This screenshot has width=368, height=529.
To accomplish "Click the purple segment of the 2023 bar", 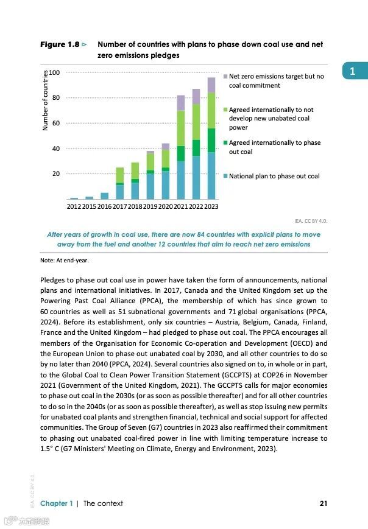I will (x=211, y=85).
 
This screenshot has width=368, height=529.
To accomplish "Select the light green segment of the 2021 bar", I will (x=181, y=128).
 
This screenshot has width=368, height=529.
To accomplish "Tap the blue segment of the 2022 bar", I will (x=196, y=177).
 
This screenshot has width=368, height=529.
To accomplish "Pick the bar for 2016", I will (x=105, y=195).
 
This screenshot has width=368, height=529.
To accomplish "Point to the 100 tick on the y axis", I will (x=55, y=72).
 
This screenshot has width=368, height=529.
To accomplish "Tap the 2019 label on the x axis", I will (x=150, y=207).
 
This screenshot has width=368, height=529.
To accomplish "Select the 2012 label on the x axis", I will (x=74, y=207).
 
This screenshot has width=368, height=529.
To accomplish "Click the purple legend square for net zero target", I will (x=225, y=77).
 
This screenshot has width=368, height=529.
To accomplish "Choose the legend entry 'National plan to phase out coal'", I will (x=274, y=176).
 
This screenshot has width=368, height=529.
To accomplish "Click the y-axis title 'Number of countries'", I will (x=45, y=101).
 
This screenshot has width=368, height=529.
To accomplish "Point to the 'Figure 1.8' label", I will (x=59, y=44).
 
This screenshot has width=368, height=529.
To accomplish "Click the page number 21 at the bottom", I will (x=324, y=503).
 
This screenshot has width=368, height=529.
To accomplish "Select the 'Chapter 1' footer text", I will (x=57, y=503).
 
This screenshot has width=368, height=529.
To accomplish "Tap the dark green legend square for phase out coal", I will (x=225, y=143).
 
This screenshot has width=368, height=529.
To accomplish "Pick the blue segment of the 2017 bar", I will (x=120, y=192).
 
